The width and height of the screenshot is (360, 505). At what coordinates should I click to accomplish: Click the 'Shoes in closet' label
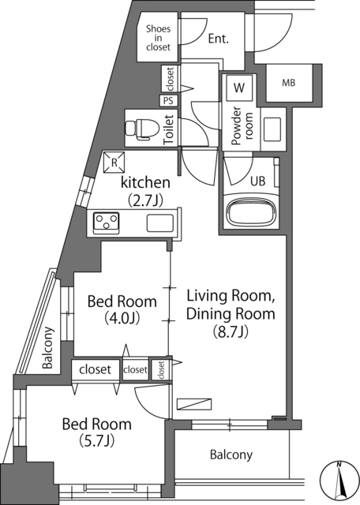tap(158, 38)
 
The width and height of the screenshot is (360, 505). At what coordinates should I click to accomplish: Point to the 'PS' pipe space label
tap(167, 100)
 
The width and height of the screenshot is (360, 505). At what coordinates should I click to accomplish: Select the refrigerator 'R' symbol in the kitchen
tap(114, 162)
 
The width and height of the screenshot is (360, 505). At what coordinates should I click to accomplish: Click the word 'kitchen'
tap(146, 183)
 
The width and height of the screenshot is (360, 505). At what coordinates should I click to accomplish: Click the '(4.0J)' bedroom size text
tap(121, 319)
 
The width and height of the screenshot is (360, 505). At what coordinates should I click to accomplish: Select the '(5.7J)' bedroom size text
tap(96, 442)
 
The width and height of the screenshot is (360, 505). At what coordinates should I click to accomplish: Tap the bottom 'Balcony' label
tap(231, 454)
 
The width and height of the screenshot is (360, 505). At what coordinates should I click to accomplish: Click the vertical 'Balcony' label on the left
tap(48, 348)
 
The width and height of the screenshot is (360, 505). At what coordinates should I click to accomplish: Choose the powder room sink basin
tap(272, 128)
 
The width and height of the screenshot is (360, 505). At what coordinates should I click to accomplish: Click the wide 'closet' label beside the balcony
tap(95, 368)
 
